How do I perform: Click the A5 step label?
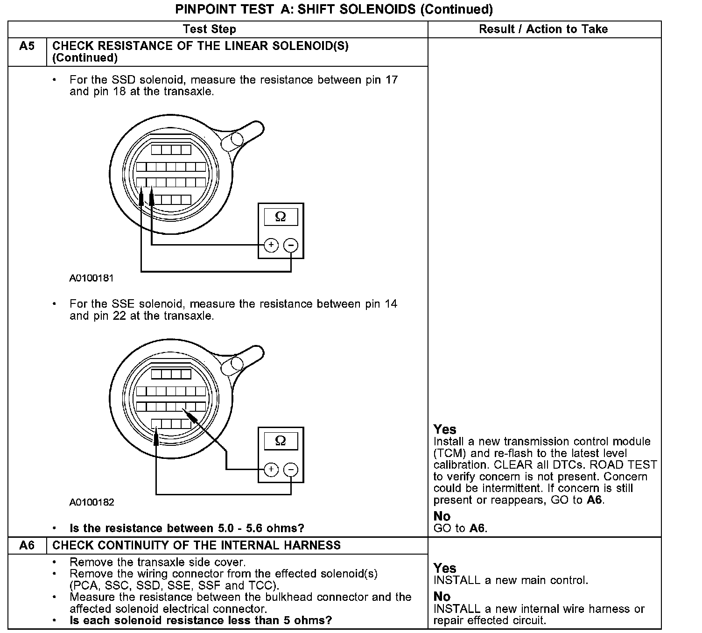[27, 46]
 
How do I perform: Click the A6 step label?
[27, 545]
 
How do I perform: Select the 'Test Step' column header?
[210, 29]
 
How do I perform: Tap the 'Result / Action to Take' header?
[543, 29]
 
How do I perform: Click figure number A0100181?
[91, 278]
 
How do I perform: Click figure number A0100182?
[91, 502]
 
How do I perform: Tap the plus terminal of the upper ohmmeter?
[271, 245]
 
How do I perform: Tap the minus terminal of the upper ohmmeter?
[291, 245]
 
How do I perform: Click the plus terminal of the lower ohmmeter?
[271, 469]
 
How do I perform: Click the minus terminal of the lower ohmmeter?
[291, 469]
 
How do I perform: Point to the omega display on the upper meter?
[281, 217]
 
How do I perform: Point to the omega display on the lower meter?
[281, 441]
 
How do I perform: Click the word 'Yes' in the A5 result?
[445, 429]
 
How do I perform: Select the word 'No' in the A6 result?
[442, 597]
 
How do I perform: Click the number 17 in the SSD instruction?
[391, 80]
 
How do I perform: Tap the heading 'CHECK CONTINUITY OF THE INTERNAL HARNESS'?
[197, 545]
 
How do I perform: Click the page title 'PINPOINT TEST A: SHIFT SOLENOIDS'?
[334, 9]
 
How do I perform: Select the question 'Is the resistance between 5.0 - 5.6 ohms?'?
[187, 528]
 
